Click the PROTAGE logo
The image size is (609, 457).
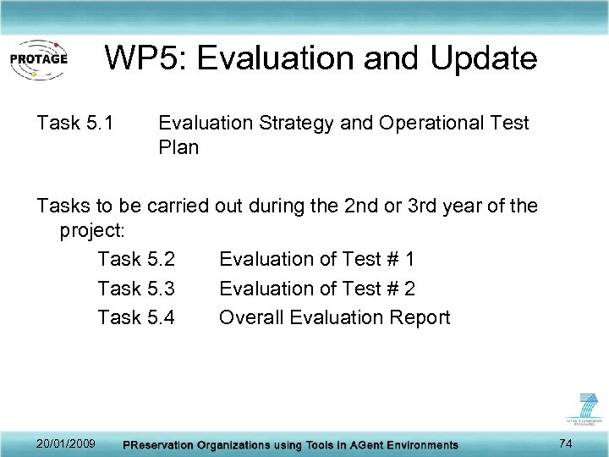pos(38,59)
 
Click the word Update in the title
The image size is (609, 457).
pos(483,58)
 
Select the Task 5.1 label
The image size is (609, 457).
pos(75,124)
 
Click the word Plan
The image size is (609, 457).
pos(178,148)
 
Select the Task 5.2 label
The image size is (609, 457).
pos(136,259)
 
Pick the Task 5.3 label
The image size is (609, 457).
pos(136,289)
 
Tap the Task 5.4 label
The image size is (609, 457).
pos(136,317)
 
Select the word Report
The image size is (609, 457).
pos(420,317)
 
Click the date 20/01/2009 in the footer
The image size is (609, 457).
pos(66,443)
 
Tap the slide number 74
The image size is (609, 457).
pos(567,443)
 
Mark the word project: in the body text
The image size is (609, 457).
pos(92,230)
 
